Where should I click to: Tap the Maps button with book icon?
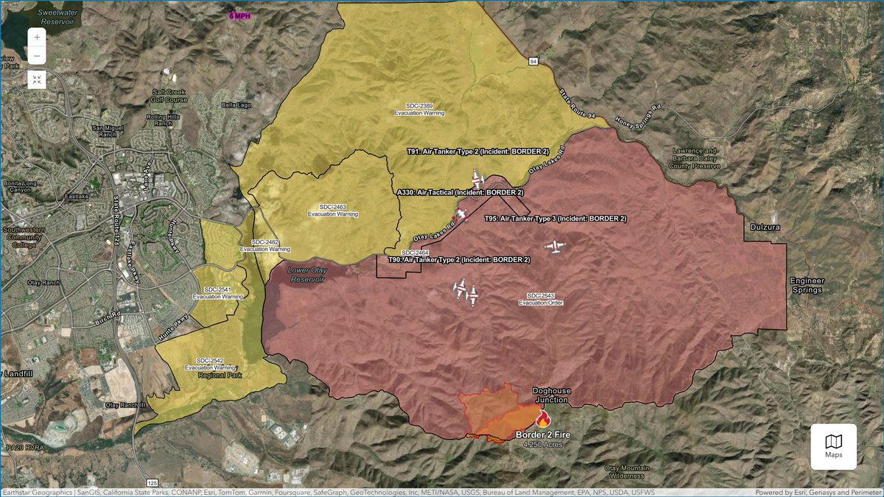(833, 446)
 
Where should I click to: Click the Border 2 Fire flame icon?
(543, 419)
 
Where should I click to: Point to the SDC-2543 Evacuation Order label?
(545, 299)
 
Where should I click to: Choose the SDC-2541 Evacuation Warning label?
(218, 292)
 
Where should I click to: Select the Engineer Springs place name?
(807, 286)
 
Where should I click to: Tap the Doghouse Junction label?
(551, 395)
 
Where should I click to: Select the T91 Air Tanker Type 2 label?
(478, 151)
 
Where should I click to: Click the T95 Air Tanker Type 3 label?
(555, 219)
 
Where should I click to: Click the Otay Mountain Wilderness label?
(627, 472)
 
